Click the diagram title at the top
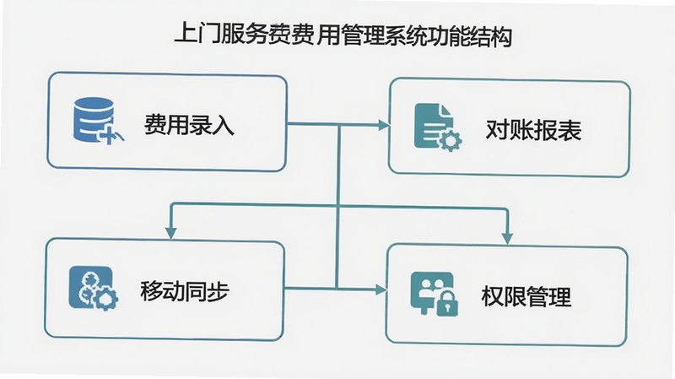point(343,35)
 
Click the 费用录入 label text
point(189,125)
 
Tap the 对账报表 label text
point(533,130)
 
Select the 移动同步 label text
point(185,290)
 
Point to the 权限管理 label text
point(526,296)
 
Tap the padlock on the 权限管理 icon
point(448,303)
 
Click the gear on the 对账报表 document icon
point(451,140)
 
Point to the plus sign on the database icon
point(110,135)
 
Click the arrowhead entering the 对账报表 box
point(384,125)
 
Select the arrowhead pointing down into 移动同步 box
point(171,233)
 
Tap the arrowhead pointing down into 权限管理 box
point(508,238)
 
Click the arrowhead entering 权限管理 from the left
point(381,290)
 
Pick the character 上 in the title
point(186,35)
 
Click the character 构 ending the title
point(500,36)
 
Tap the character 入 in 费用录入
point(224,125)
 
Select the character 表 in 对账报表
point(570,130)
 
